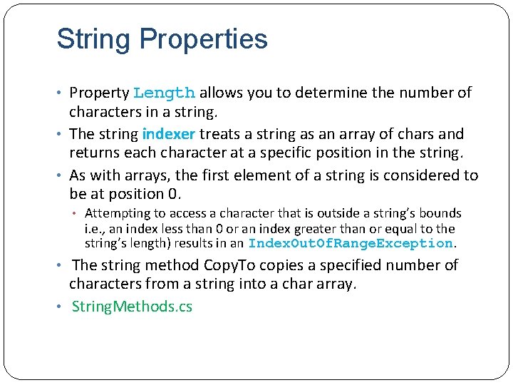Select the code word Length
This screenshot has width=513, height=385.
pyautogui.click(x=164, y=93)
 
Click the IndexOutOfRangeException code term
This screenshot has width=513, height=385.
pyautogui.click(x=351, y=244)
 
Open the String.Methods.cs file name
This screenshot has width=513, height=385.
pyautogui.click(x=132, y=307)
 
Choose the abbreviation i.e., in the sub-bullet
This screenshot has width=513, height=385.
pyautogui.click(x=98, y=229)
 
